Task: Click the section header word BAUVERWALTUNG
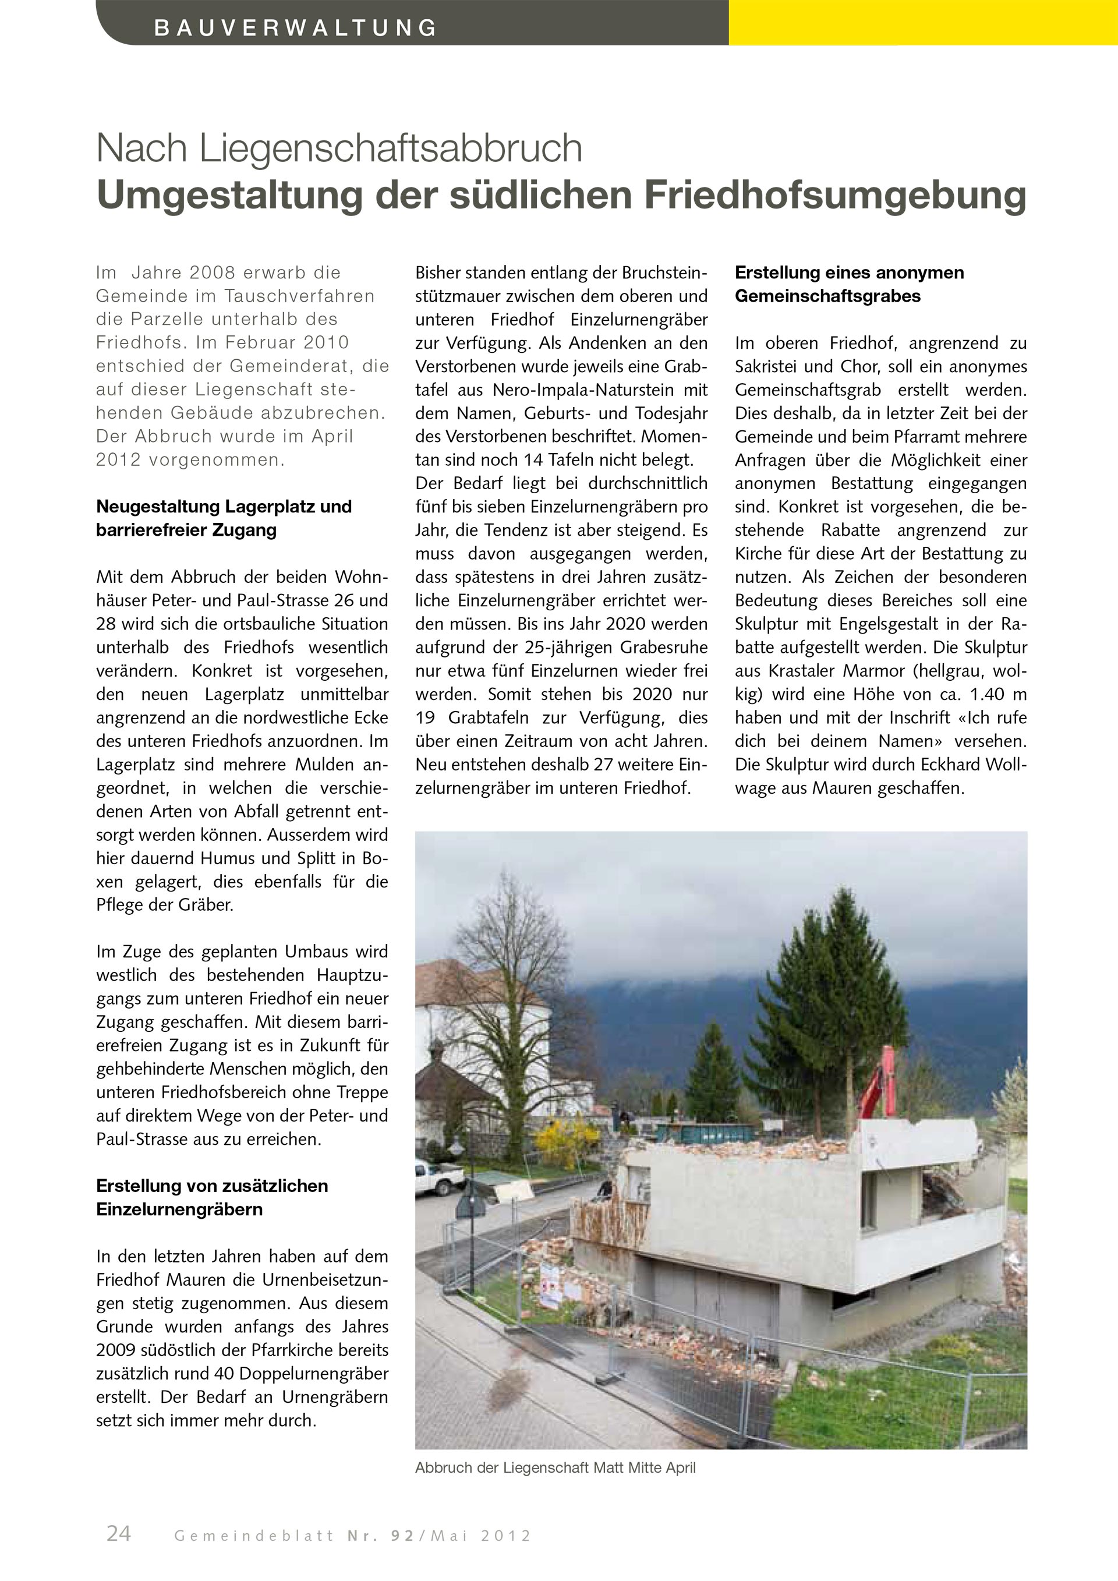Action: click(295, 28)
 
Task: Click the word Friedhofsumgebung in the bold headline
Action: click(835, 195)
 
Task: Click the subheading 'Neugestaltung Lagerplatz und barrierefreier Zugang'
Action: click(224, 518)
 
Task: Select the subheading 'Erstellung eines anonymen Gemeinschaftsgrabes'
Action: click(849, 284)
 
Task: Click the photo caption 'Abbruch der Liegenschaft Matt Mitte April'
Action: click(555, 1467)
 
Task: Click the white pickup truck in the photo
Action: click(438, 1177)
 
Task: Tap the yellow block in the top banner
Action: click(922, 22)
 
